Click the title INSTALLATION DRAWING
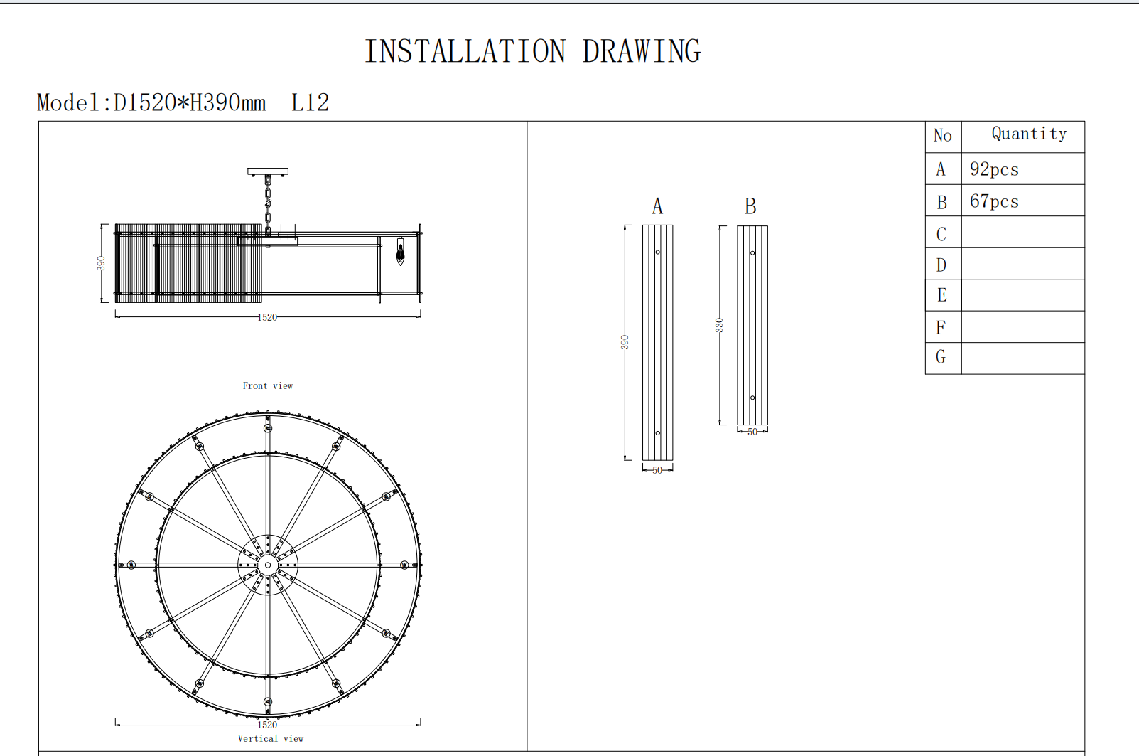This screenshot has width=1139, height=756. (x=532, y=51)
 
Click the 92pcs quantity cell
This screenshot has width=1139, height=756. (x=994, y=169)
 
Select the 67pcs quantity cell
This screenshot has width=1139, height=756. (x=994, y=201)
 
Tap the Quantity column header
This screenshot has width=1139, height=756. (x=1029, y=134)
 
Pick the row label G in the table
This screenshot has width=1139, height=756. (x=941, y=357)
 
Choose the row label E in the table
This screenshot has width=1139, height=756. (x=941, y=294)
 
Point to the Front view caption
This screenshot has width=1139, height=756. (x=267, y=386)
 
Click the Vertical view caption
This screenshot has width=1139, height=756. (x=271, y=739)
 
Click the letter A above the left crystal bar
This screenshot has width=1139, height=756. (x=657, y=206)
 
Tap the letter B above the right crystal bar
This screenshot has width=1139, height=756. (x=750, y=206)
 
